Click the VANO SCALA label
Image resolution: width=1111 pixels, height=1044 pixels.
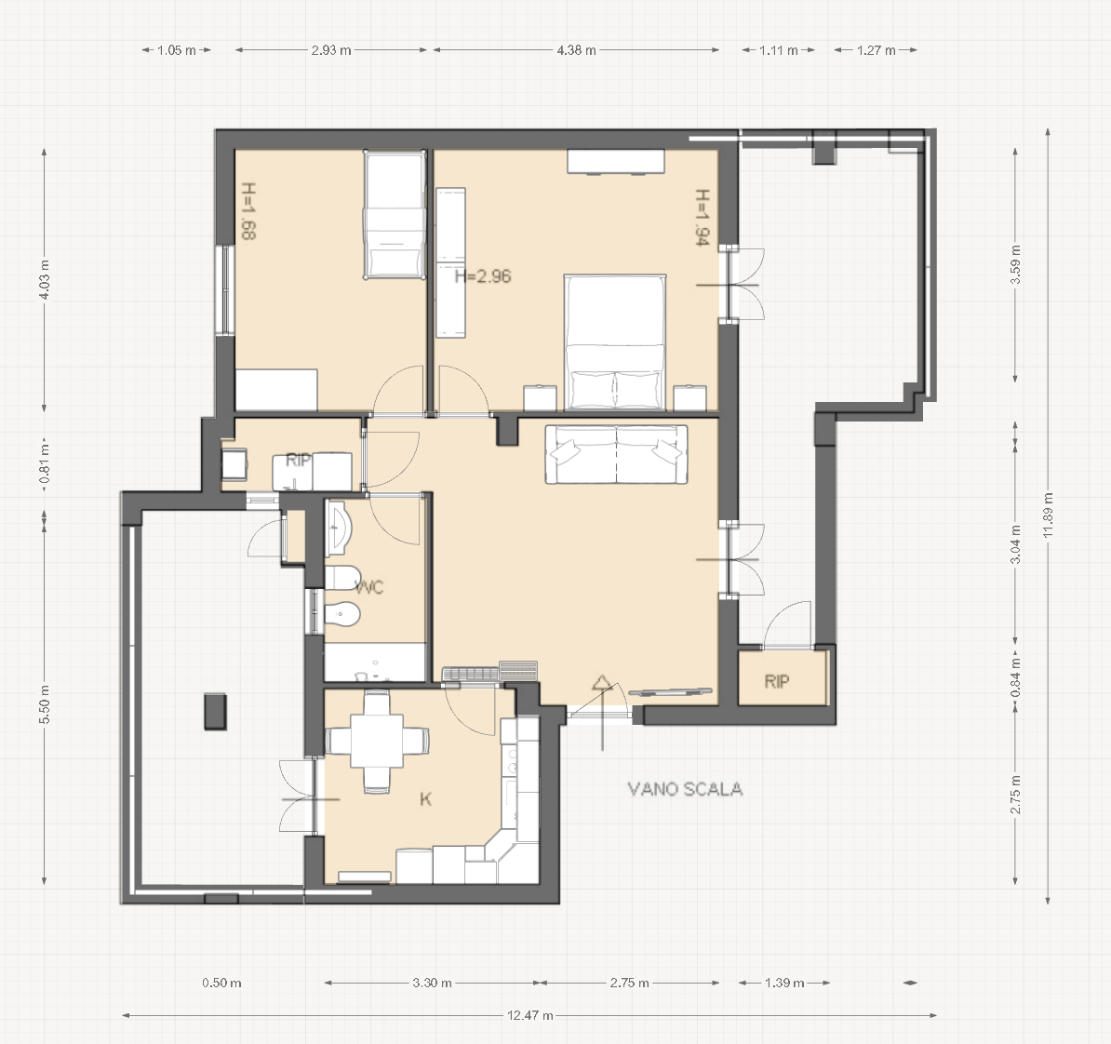tap(685, 789)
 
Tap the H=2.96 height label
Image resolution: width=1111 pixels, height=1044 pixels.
tap(483, 275)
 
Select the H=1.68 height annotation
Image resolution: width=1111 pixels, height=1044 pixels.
tap(248, 211)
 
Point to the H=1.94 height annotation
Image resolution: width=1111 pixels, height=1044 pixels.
tap(702, 217)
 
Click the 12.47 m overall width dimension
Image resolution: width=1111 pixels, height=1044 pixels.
tap(530, 1015)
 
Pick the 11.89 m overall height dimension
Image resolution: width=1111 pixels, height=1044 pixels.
tap(1048, 515)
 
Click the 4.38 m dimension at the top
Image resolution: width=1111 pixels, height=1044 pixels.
tap(576, 50)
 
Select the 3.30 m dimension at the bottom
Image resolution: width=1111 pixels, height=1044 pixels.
tap(433, 983)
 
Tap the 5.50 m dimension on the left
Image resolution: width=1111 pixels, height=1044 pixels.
tap(45, 704)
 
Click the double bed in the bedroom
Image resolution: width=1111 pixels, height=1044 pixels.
tap(615, 343)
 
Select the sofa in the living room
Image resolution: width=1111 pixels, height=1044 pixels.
tap(616, 454)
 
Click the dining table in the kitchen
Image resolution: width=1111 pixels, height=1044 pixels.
tap(376, 742)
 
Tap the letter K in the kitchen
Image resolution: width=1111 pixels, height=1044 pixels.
tap(425, 799)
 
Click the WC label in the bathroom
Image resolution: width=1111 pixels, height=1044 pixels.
tap(369, 587)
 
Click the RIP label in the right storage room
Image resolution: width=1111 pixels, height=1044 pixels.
tap(777, 682)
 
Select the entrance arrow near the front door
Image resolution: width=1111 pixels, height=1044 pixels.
tap(602, 711)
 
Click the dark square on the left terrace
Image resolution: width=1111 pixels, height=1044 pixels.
tap(215, 712)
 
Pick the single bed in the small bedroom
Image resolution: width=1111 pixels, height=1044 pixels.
tap(395, 214)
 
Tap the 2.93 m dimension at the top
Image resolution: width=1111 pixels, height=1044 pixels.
tap(331, 50)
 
